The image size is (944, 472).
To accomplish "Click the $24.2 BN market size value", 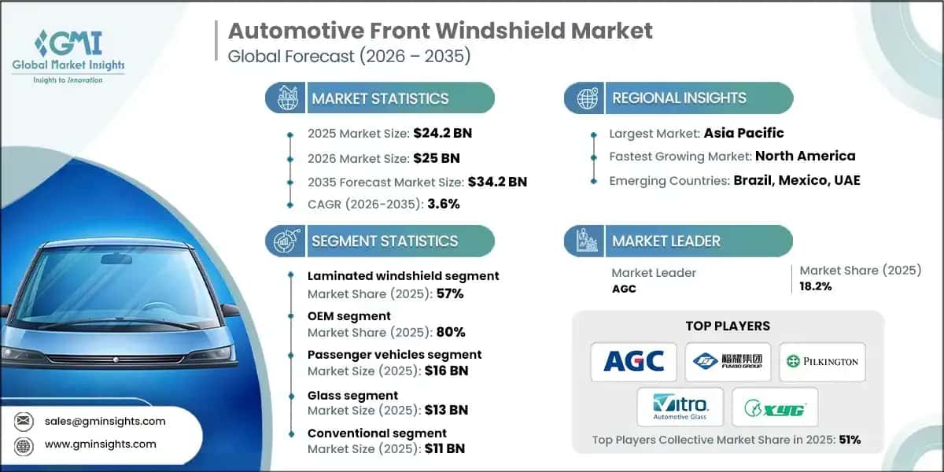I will (442, 133).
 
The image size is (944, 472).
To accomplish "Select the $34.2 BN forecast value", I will (497, 182).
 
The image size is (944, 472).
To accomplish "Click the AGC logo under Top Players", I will (634, 362).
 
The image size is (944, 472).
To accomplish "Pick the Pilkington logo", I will (822, 362).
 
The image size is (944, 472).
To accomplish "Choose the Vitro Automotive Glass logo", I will (680, 407).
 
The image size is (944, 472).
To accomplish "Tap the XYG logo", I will (775, 407).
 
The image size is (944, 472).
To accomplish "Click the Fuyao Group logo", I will (728, 362).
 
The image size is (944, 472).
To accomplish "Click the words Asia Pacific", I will (744, 133).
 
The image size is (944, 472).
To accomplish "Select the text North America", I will (806, 156).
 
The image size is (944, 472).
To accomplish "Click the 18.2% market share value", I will (816, 286).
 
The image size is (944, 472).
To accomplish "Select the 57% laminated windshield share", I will (451, 293).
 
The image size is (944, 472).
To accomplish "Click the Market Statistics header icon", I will (286, 98).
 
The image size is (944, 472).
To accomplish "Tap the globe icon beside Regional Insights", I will (586, 98).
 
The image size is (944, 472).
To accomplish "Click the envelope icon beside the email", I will (25, 421).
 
